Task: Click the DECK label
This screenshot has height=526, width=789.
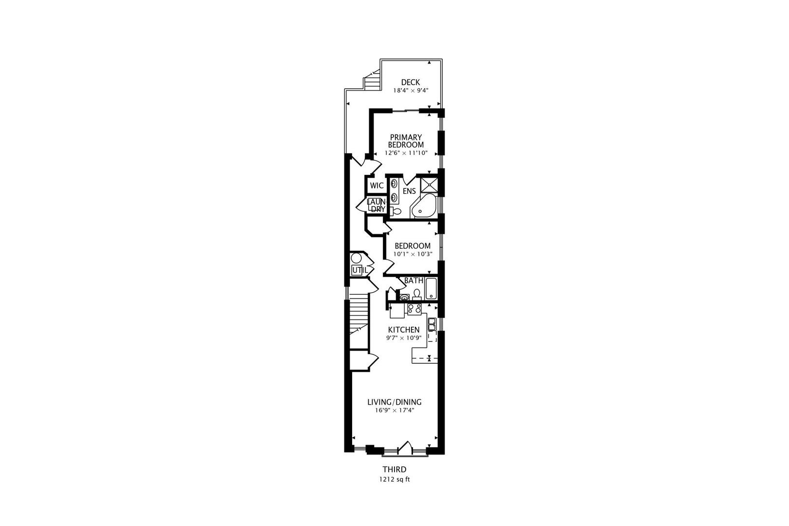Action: (x=410, y=82)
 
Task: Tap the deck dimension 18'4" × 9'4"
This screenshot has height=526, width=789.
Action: (x=411, y=90)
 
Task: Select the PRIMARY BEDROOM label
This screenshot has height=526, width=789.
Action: (x=406, y=141)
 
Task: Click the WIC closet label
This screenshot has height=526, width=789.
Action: (x=376, y=186)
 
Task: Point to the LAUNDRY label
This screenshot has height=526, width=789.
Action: (x=376, y=205)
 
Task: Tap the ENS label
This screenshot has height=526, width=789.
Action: (x=409, y=191)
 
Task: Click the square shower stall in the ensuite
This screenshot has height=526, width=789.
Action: (x=429, y=185)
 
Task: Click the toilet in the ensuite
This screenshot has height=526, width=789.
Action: (x=395, y=211)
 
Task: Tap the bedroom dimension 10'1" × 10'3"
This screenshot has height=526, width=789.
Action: (x=413, y=254)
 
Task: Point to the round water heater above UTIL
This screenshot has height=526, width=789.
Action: (x=357, y=258)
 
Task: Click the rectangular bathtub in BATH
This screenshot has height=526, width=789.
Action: (x=432, y=289)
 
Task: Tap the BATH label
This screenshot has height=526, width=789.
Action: (x=413, y=281)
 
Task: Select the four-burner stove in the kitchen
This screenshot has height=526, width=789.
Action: (x=414, y=308)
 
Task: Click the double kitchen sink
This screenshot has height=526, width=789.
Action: (x=432, y=323)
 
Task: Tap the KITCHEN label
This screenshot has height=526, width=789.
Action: (x=403, y=330)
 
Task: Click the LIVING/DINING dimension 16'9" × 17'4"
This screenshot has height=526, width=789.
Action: (x=394, y=410)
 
